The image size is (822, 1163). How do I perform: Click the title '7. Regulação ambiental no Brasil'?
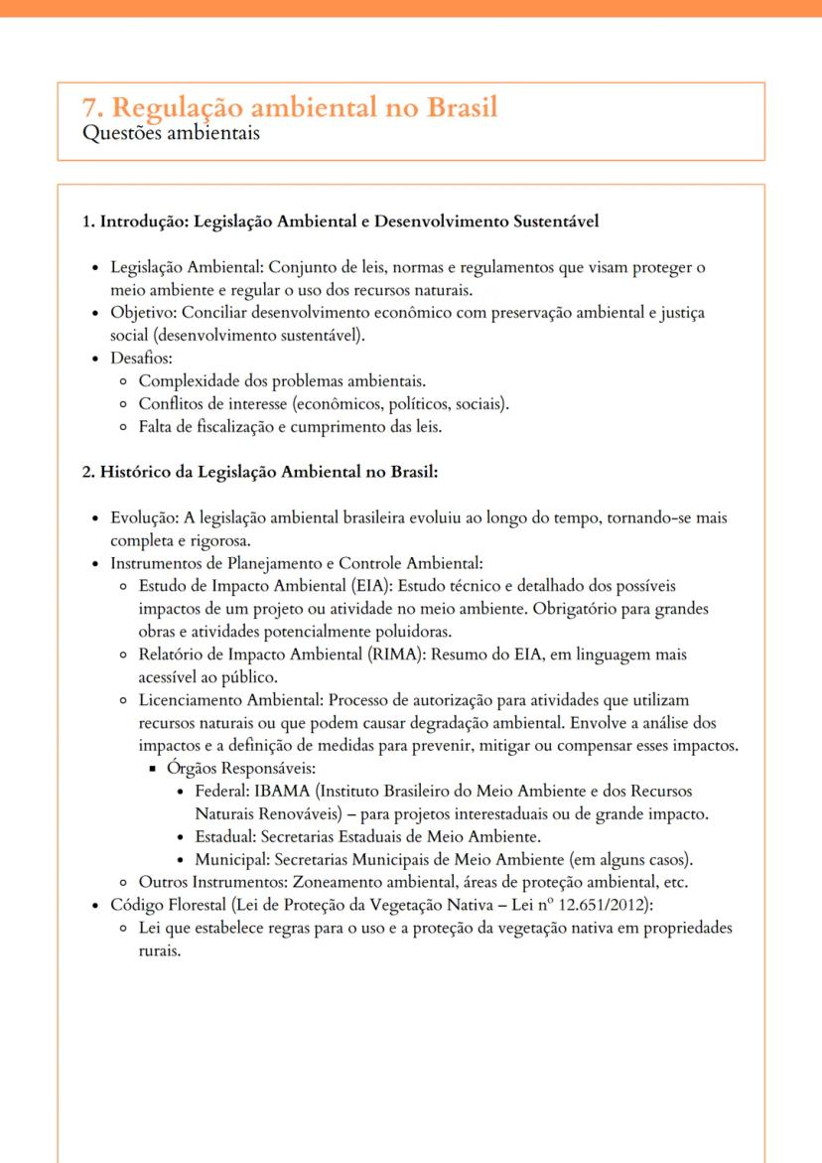pyautogui.click(x=290, y=107)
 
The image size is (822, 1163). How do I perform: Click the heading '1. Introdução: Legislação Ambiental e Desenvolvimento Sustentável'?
pyautogui.click(x=340, y=221)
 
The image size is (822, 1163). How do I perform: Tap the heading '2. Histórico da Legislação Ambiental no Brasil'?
pyautogui.click(x=259, y=471)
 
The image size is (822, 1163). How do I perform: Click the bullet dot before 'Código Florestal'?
pyautogui.click(x=94, y=905)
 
